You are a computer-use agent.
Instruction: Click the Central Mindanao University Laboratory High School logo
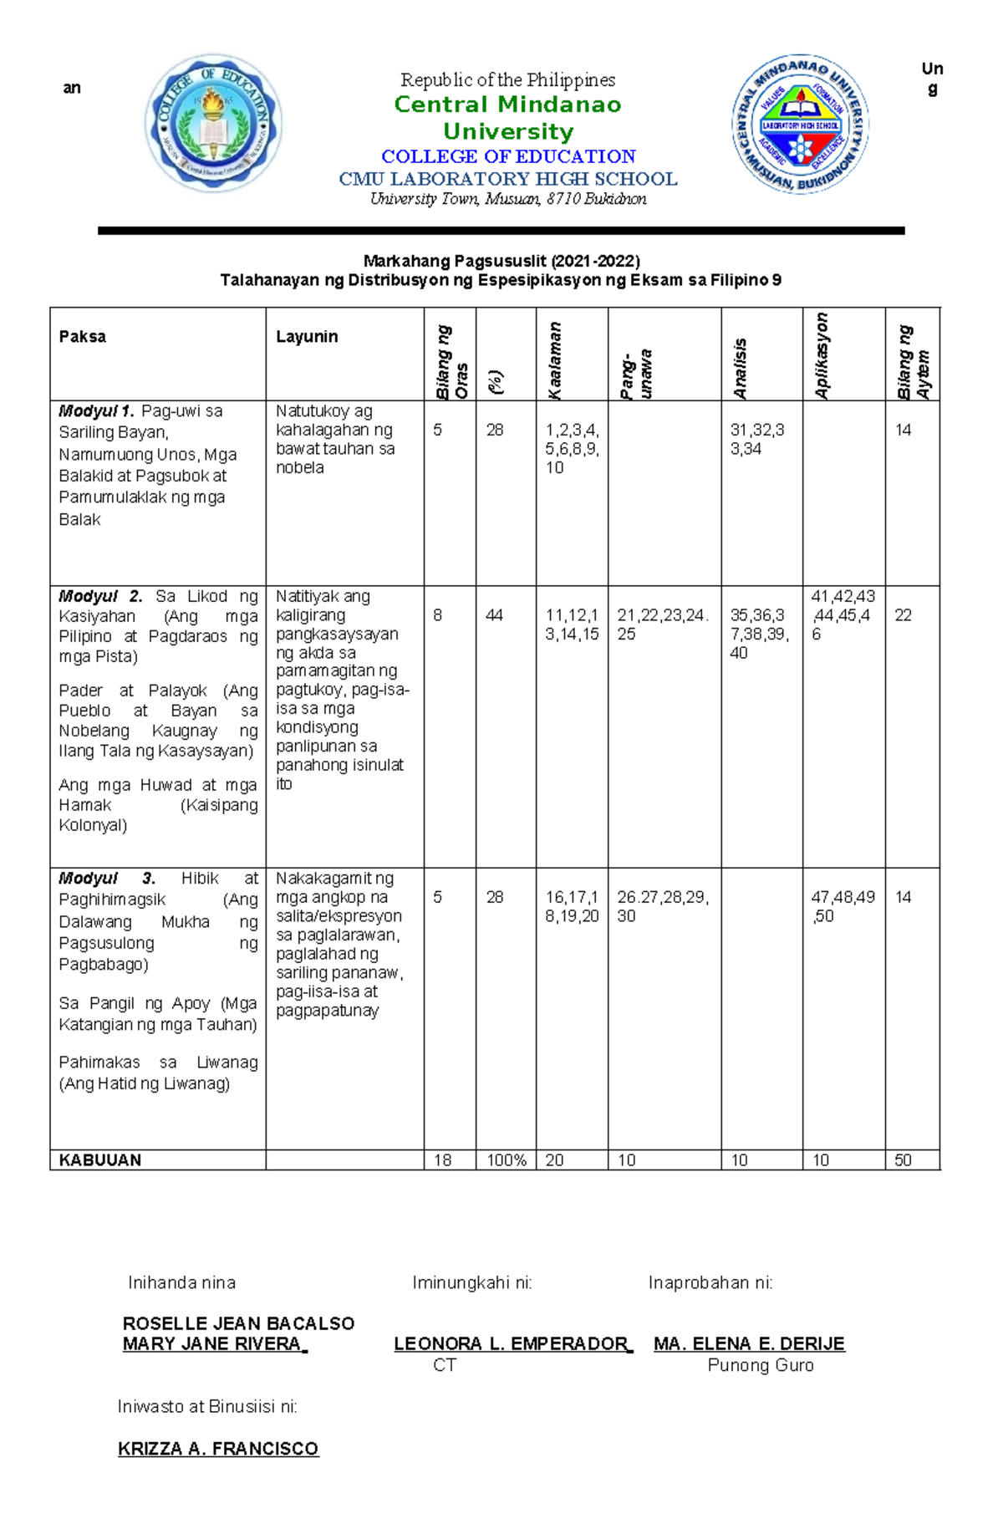(800, 125)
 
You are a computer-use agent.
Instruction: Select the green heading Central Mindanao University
(507, 118)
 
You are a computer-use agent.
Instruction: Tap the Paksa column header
(82, 337)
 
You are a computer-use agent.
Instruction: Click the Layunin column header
(307, 337)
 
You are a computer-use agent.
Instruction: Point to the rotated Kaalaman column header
(555, 359)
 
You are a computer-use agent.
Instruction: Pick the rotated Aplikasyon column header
(822, 355)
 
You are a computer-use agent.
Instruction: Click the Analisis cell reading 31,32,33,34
(756, 440)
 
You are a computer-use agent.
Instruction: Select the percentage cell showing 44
(494, 616)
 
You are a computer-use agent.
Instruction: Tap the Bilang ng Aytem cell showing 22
(903, 616)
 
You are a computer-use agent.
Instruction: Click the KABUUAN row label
(99, 1160)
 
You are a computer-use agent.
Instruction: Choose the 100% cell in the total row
(506, 1160)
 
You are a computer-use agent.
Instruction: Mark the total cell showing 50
(903, 1160)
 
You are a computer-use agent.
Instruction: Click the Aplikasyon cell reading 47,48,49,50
(842, 907)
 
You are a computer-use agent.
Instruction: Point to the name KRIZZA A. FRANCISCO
(218, 1449)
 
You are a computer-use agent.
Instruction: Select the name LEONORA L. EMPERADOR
(512, 1344)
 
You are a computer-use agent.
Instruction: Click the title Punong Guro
(760, 1366)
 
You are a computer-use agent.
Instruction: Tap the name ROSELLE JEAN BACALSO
(238, 1323)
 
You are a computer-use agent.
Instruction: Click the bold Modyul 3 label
(106, 879)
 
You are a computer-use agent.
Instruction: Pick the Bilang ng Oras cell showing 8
(438, 616)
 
